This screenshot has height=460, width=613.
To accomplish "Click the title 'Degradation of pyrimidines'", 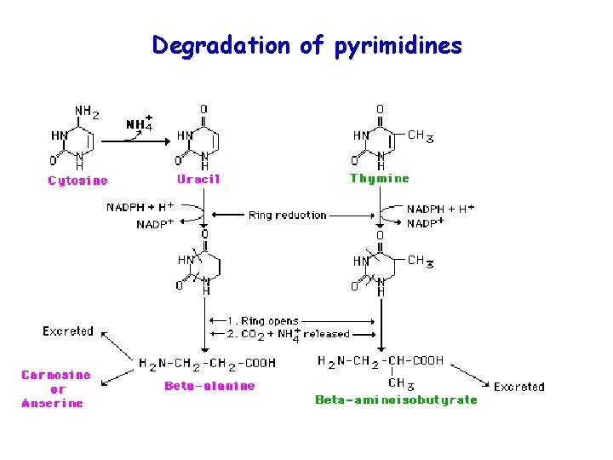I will pyautogui.click(x=306, y=45).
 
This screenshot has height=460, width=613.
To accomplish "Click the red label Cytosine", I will pyautogui.click(x=77, y=181).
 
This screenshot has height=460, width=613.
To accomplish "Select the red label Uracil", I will pyautogui.click(x=198, y=179).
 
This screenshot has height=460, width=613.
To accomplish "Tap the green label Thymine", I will pyautogui.click(x=379, y=179).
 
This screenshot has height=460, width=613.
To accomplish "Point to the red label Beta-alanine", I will pyautogui.click(x=209, y=386).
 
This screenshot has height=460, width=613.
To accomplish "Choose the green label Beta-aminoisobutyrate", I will pyautogui.click(x=396, y=399).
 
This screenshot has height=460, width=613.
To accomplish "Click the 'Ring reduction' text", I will pyautogui.click(x=287, y=216).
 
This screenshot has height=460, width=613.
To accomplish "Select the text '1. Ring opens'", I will pyautogui.click(x=264, y=321).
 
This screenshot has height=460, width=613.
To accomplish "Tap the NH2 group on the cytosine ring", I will pyautogui.click(x=87, y=111).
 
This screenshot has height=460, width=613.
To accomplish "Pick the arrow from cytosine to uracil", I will pyautogui.click(x=135, y=141).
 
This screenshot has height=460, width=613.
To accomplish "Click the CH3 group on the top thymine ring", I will pyautogui.click(x=421, y=135).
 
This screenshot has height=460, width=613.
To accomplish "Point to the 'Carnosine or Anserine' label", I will pyautogui.click(x=54, y=389).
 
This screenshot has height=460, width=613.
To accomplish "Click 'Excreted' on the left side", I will pyautogui.click(x=68, y=331).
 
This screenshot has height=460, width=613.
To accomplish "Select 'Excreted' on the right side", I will pyautogui.click(x=518, y=387).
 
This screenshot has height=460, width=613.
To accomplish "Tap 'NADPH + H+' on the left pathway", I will pyautogui.click(x=140, y=207).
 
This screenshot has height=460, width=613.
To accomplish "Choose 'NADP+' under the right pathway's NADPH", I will pyautogui.click(x=427, y=222).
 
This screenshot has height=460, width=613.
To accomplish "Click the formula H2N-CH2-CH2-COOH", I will pyautogui.click(x=207, y=363).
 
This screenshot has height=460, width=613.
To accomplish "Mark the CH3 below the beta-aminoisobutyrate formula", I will pyautogui.click(x=397, y=382).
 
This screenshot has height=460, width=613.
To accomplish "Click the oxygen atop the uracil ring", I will pyautogui.click(x=203, y=109).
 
